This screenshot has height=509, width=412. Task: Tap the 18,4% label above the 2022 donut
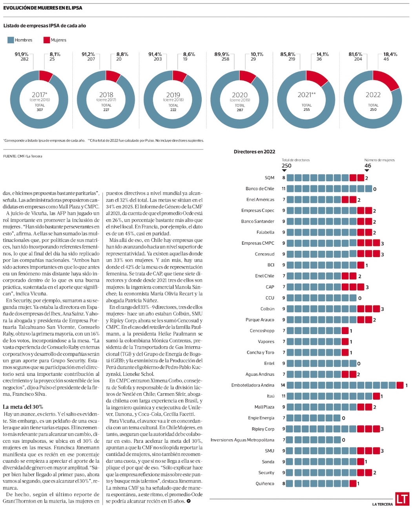pos(390,54)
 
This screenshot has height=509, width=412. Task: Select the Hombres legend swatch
pos(11,40)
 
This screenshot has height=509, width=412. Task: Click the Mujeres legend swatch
pos(47,40)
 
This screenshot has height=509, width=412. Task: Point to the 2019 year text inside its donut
pos(173,95)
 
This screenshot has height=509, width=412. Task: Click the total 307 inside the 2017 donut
pos(40,110)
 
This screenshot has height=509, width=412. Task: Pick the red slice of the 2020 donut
pos(248,76)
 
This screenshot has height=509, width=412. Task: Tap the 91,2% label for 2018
pos(88,54)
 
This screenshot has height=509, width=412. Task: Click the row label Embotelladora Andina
pos(253,385)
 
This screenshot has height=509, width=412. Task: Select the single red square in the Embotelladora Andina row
pos(400,385)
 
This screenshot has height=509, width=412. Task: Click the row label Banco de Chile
pos(260,189)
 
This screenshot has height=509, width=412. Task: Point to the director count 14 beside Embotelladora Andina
pos(283,385)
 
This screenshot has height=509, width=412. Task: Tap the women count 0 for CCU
pos(360,298)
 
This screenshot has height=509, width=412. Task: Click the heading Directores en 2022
pos(254,152)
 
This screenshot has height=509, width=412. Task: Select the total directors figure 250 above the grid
pos(286,165)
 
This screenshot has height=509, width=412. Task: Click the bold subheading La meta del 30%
pos(23,407)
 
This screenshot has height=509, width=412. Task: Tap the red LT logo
pos(402,498)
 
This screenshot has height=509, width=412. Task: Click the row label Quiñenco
pos(265,484)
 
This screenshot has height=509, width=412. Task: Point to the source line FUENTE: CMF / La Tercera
pos(22,156)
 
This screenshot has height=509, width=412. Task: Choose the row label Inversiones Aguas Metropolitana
pos(242,440)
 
